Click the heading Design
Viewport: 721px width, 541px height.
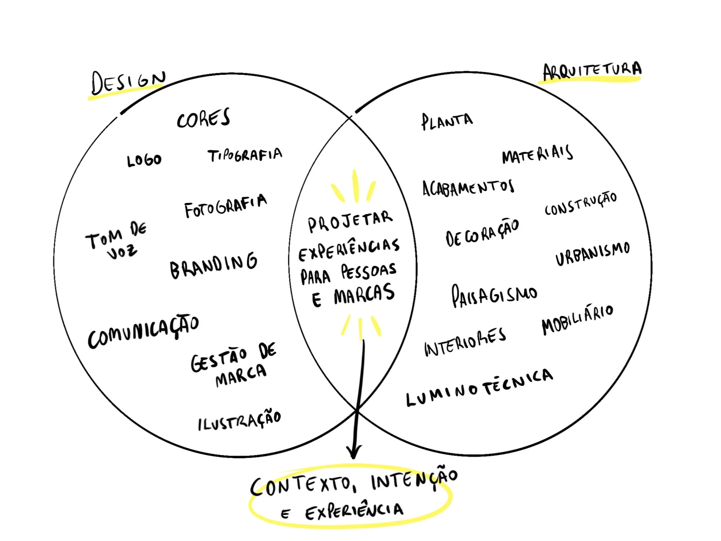[128, 82]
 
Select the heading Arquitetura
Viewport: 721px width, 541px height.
[592, 71]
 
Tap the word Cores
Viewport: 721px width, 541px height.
[203, 118]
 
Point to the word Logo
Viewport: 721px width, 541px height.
[144, 161]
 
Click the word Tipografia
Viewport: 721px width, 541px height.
[245, 155]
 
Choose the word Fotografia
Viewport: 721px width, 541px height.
[226, 206]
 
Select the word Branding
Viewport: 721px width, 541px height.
[214, 266]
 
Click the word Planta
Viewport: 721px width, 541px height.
[447, 122]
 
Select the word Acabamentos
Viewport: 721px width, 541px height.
[468, 188]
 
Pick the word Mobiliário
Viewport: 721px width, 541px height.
[577, 320]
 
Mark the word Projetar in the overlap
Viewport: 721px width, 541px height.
[350, 221]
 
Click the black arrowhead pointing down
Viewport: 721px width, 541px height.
[354, 453]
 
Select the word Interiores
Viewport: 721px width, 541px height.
[465, 343]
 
